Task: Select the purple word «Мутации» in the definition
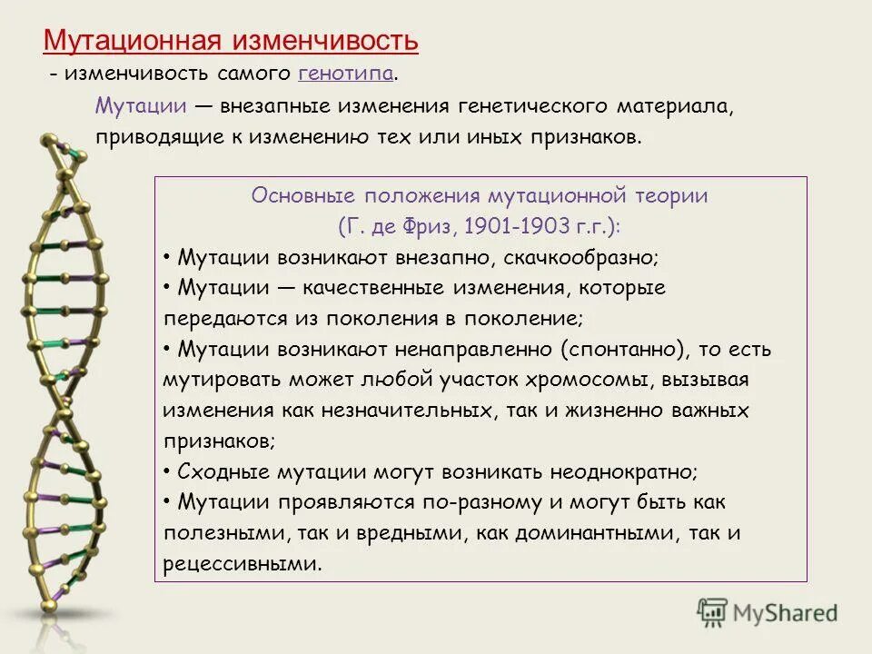pyautogui.click(x=141, y=106)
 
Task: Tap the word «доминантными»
pyautogui.click(x=614, y=533)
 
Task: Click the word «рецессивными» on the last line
pyautogui.click(x=242, y=564)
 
